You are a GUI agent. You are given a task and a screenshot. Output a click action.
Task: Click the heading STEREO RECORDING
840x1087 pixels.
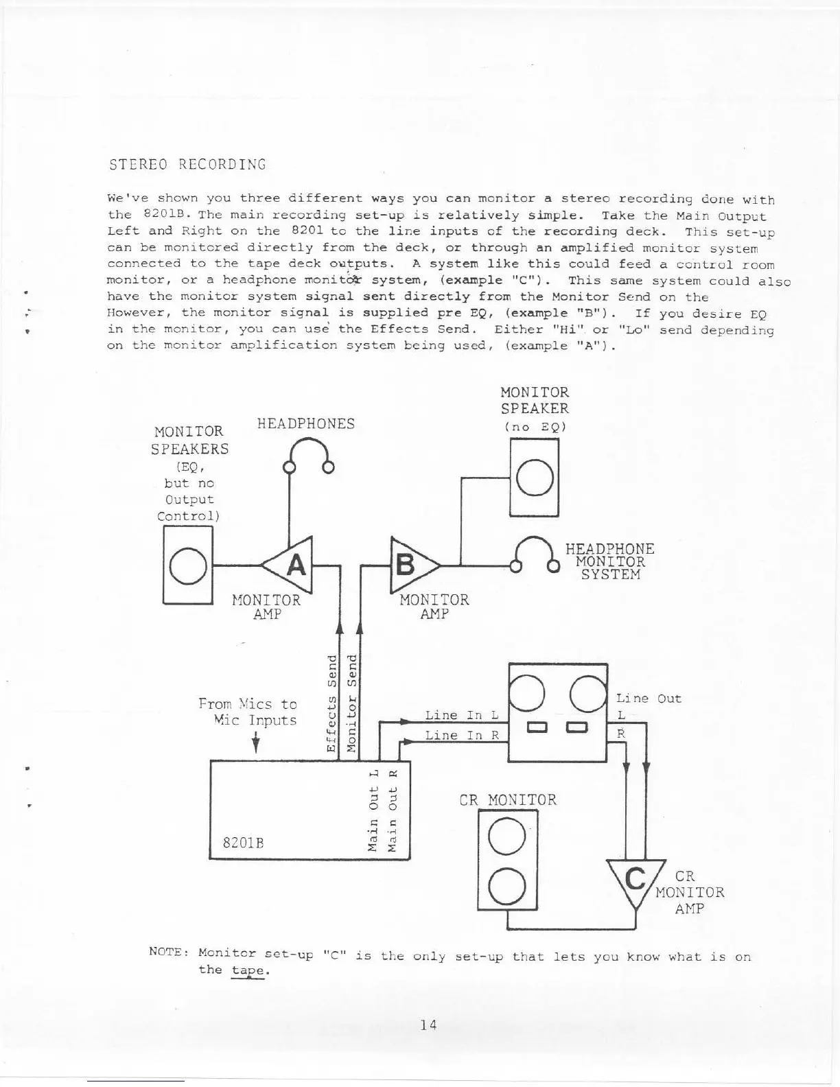[x=187, y=165]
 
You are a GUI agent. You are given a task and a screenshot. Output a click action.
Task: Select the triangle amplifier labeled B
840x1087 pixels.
[x=410, y=565]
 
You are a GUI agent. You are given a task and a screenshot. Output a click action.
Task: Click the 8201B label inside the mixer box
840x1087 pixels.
[x=244, y=841]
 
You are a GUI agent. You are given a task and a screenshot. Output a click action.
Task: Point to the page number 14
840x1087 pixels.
[x=429, y=1025]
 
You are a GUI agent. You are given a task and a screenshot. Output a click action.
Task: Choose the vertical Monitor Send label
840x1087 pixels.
[x=351, y=703]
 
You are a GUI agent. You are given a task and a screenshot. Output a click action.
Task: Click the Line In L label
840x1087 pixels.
[x=461, y=715]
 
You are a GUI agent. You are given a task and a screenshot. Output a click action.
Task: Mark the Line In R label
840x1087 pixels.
[x=461, y=736]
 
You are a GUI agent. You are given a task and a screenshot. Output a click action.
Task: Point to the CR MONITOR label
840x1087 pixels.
[x=508, y=800]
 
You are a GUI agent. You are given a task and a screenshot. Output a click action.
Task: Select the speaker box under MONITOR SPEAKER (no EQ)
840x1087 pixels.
[x=535, y=478]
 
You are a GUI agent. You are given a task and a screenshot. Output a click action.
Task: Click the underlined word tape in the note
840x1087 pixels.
[x=248, y=970]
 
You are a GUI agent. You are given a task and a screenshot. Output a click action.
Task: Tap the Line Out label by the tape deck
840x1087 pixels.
[x=649, y=699]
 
